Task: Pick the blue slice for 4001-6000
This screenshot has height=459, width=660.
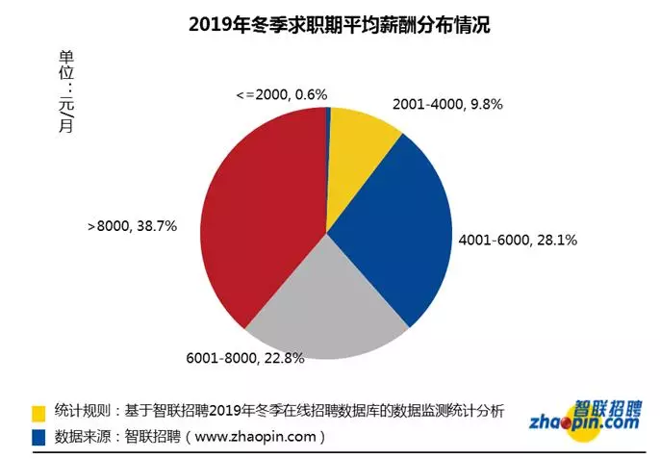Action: coord(394,231)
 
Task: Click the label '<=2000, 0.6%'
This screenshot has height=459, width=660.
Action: coord(282,94)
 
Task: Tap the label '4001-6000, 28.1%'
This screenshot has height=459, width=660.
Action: coord(517,240)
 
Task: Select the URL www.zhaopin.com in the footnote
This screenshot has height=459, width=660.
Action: coord(264,437)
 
